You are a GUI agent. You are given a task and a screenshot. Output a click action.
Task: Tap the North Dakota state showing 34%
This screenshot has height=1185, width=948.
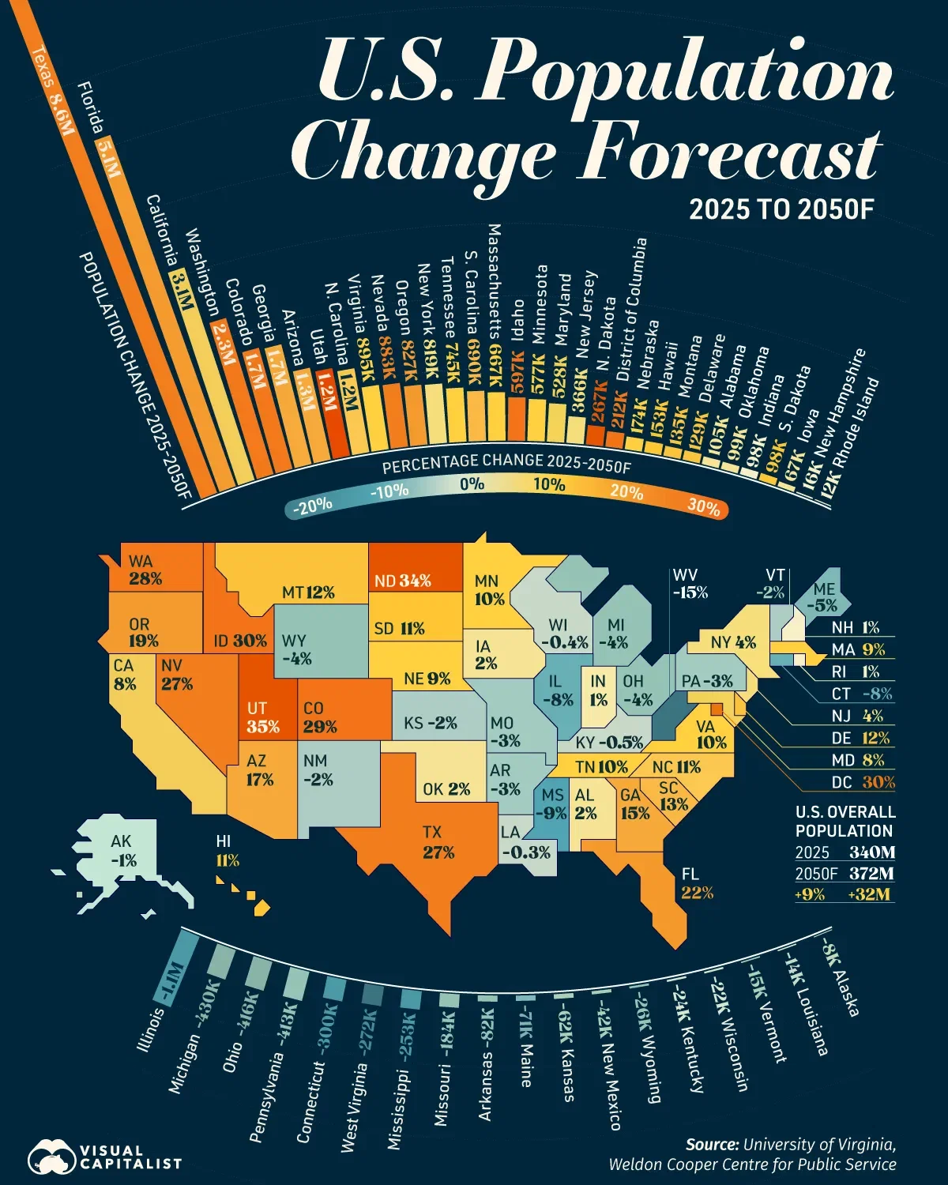(403, 581)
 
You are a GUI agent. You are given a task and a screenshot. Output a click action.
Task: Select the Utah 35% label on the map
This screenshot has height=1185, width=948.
(263, 717)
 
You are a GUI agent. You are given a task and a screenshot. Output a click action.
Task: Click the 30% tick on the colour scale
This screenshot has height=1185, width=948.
(702, 506)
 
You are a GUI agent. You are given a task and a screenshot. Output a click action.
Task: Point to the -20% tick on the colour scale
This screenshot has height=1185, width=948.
(313, 506)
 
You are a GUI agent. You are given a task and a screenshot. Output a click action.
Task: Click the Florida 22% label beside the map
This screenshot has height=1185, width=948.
(697, 883)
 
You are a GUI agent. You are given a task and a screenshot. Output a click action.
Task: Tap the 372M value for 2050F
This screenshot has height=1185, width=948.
(872, 874)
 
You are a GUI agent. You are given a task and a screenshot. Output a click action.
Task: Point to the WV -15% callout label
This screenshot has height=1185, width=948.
(690, 584)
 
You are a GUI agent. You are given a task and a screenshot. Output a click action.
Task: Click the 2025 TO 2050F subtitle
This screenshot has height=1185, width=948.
(781, 209)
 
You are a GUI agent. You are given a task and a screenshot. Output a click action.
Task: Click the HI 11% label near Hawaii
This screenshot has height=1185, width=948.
(227, 852)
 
